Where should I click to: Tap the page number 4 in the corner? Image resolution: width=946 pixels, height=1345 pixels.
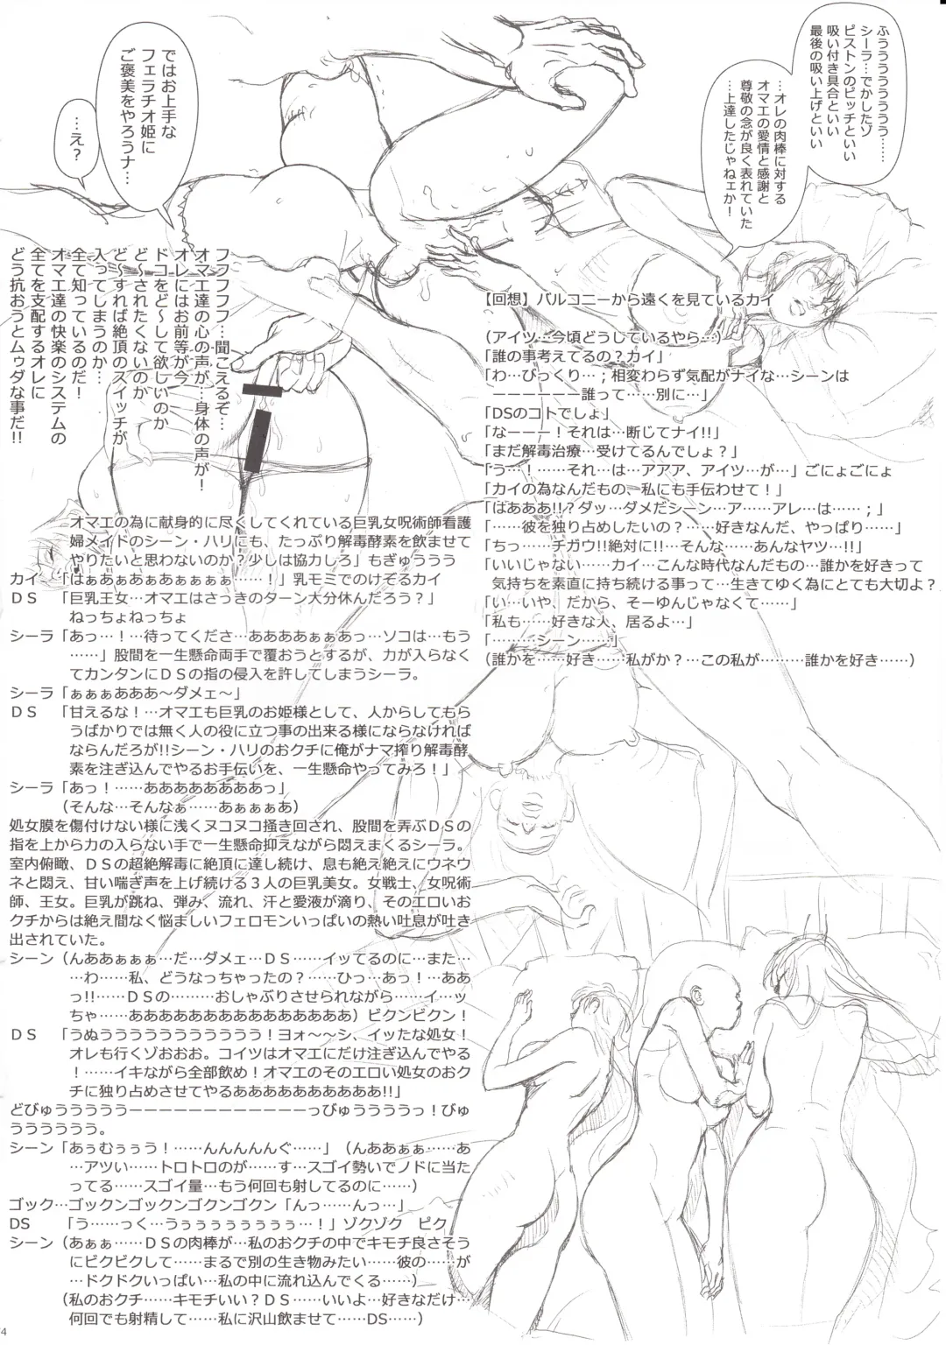[x=5, y=1335]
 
